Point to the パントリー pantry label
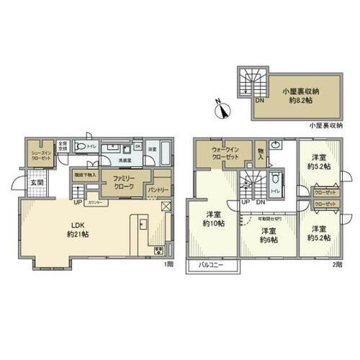tap(158, 189)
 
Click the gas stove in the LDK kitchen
tap(159, 251)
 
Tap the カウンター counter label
tap(98, 204)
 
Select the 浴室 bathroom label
tap(153, 149)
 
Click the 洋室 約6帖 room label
tap(269, 235)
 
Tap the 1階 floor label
tap(167, 264)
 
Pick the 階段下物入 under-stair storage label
tap(84, 175)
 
